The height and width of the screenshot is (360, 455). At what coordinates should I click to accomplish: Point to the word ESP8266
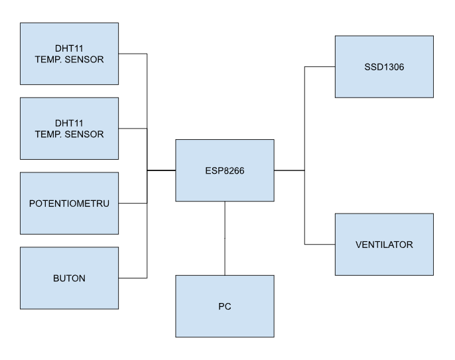click(225, 170)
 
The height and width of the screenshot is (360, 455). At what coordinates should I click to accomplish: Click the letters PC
click(225, 308)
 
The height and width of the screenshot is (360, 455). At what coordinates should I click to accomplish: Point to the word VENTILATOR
click(384, 245)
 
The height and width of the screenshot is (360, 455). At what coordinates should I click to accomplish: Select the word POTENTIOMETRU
click(70, 203)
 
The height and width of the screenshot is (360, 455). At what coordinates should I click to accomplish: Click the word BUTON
click(70, 278)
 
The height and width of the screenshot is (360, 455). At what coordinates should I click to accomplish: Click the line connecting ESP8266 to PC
click(225, 239)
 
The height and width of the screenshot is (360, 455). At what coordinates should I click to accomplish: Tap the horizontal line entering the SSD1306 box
click(320, 66)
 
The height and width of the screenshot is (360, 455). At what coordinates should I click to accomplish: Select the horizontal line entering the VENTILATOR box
click(320, 245)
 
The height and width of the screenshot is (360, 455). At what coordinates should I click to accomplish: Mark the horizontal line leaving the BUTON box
click(132, 277)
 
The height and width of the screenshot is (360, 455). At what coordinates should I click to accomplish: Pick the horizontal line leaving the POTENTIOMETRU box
click(132, 203)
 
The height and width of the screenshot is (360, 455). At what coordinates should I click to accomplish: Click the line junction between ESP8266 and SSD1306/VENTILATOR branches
click(304, 170)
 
